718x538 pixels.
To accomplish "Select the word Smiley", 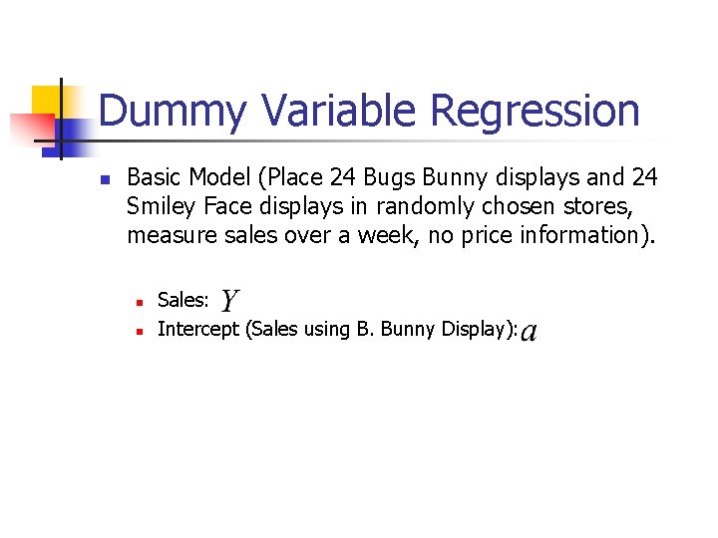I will coord(161,207).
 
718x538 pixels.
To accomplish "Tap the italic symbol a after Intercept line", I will coord(529,330).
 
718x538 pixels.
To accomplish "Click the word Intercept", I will coord(197,329).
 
